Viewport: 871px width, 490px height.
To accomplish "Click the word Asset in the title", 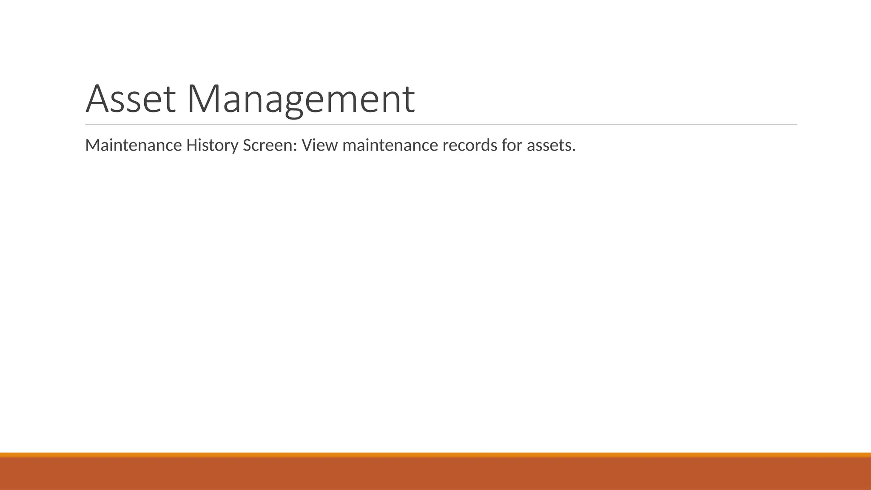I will coord(131,99).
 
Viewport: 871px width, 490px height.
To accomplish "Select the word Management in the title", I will coord(300,99).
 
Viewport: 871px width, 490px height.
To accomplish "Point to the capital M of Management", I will coord(205,99).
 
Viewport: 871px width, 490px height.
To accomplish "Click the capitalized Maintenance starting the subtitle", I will coord(133,145).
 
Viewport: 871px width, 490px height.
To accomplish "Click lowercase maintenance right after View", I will coord(390,145).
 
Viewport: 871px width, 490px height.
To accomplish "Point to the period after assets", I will coord(574,151).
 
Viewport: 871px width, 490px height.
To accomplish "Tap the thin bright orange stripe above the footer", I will coord(435,455).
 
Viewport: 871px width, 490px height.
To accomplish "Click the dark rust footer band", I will coord(435,474).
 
